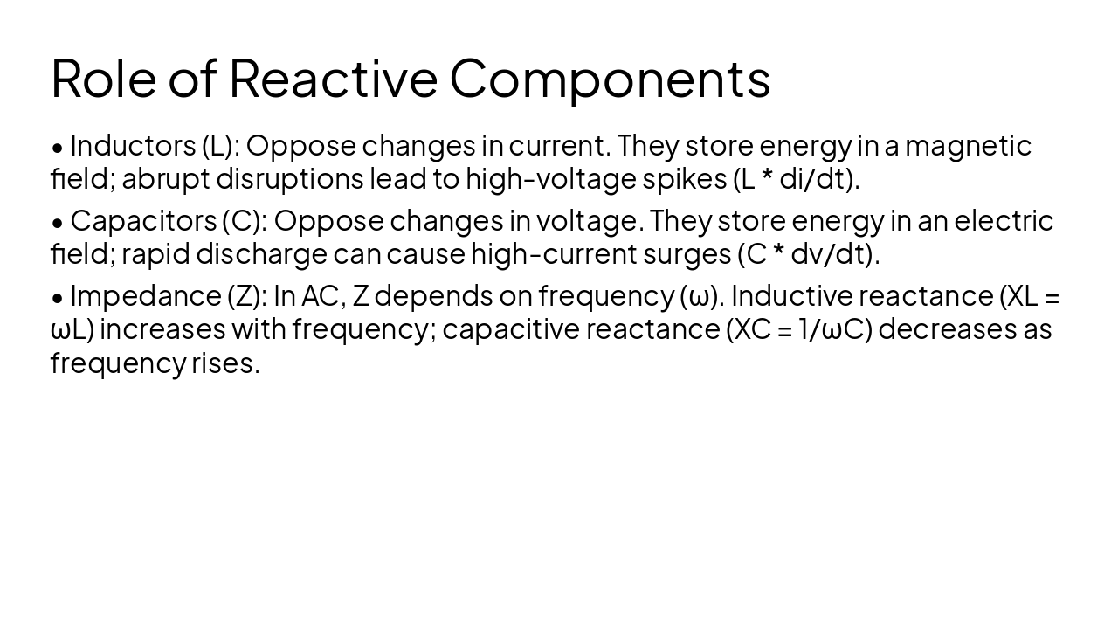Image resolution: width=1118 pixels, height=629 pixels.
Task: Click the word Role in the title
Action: [104, 78]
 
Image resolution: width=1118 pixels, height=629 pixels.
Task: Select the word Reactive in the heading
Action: [333, 78]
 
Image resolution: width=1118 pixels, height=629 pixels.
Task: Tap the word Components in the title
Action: [610, 78]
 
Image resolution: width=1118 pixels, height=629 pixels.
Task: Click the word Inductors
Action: [132, 145]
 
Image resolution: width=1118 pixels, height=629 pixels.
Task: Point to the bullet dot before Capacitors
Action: [58, 223]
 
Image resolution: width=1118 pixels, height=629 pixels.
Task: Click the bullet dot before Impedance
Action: [58, 298]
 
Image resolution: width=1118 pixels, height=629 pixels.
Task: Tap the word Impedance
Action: [145, 296]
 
